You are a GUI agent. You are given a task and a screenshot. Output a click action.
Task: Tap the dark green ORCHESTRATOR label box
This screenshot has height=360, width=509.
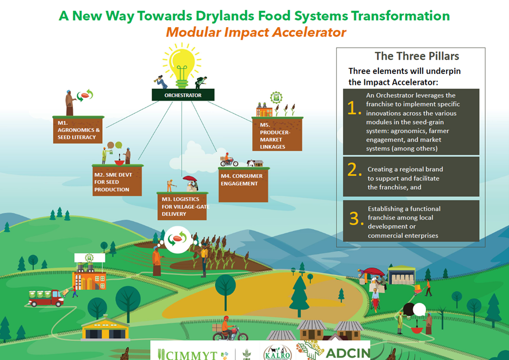[183, 95]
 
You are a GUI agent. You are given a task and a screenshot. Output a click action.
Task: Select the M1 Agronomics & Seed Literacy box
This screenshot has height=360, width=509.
[78, 130]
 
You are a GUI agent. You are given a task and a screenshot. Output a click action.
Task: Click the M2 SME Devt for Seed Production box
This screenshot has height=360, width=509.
[117, 181]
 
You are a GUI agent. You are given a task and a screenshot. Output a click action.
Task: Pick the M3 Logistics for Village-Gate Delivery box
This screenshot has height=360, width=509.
[182, 207]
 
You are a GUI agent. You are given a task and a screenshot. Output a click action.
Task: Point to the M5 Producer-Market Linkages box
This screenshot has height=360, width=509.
[277, 134]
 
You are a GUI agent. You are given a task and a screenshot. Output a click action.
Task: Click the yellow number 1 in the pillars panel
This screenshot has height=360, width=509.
[354, 108]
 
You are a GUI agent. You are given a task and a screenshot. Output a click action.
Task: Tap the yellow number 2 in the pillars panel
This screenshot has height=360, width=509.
[354, 170]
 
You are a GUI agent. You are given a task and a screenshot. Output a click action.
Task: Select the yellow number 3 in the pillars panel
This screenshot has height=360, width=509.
[356, 219]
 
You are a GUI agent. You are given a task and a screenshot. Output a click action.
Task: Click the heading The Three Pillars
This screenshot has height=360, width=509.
[417, 56]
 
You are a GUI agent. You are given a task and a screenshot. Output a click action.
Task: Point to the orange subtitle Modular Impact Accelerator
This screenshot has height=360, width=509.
[256, 33]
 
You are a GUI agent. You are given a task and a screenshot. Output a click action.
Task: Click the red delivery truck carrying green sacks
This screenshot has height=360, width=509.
[46, 298]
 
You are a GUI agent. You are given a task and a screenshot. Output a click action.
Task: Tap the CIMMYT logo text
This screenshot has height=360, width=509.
[187, 355]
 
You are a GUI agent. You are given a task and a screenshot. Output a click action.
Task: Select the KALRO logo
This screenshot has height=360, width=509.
[277, 353]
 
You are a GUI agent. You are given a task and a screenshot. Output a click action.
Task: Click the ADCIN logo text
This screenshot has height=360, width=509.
[347, 353]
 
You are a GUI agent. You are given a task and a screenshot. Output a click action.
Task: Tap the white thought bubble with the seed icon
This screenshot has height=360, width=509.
[177, 240]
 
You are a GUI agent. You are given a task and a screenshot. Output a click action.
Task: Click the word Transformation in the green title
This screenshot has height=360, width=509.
[400, 16]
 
